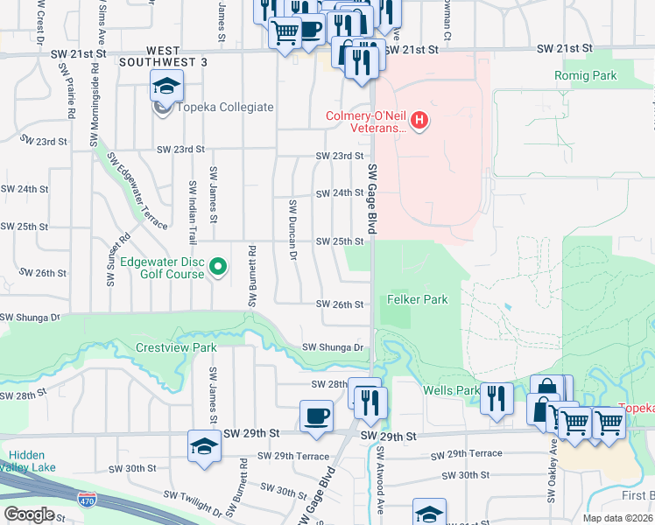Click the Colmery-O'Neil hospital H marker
[419, 121]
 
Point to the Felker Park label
[417, 299]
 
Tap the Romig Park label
[585, 76]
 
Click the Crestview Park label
[176, 347]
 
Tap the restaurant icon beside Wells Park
[497, 398]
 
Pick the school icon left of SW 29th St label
[204, 446]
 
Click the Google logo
[30, 514]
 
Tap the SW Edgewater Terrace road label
[137, 191]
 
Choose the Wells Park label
[450, 390]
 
